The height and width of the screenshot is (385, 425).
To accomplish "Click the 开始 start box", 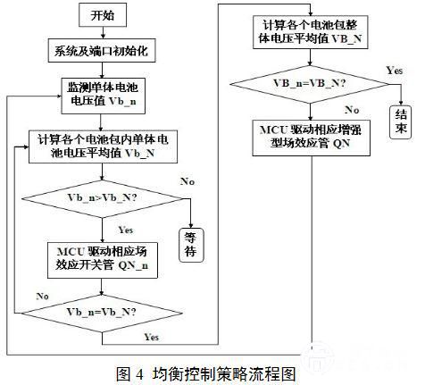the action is [x=103, y=15].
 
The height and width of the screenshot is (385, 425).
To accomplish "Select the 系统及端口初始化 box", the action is [x=102, y=51].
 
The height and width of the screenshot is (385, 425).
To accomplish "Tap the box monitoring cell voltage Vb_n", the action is [x=103, y=96].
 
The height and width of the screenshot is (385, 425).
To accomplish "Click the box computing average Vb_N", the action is [x=103, y=146].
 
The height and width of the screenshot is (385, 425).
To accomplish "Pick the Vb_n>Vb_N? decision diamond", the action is [x=102, y=198].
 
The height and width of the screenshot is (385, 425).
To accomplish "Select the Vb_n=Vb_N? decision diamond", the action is [x=102, y=313].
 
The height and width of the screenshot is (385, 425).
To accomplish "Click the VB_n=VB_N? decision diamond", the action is [x=310, y=84].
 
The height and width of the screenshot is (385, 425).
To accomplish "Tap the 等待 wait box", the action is [x=191, y=245].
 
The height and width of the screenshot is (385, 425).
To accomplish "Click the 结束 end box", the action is [x=401, y=122].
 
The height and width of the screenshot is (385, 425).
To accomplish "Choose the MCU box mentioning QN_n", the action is [x=103, y=260].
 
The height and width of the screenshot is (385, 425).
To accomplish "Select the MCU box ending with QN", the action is [x=311, y=138].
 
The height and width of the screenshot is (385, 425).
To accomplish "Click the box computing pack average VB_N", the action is [x=311, y=32].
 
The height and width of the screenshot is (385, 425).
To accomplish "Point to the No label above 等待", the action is [x=187, y=181].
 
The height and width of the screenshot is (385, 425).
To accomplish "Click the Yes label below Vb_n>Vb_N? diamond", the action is [x=126, y=230].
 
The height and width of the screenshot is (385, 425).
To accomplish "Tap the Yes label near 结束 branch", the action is [x=395, y=71].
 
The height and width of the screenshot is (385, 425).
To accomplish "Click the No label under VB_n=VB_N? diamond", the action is [x=352, y=110].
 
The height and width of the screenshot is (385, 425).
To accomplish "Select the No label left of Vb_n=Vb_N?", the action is [x=42, y=297].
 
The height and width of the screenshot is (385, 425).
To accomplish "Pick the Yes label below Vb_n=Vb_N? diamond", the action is [x=152, y=337].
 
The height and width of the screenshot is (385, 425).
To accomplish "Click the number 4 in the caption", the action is [x=139, y=374].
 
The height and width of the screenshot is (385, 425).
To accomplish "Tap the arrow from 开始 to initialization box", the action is [x=103, y=33].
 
